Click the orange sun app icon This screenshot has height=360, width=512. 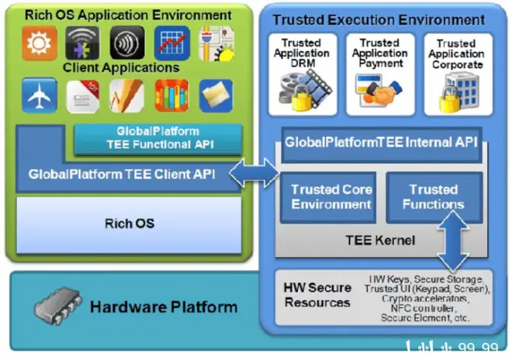34,44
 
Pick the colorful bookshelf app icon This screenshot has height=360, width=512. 171,96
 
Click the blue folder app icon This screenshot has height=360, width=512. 215,96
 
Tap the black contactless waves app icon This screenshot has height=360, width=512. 126,44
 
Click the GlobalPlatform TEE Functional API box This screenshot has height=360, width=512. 158,137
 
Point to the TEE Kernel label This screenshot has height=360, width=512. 380,241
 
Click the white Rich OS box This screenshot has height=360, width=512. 130,223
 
